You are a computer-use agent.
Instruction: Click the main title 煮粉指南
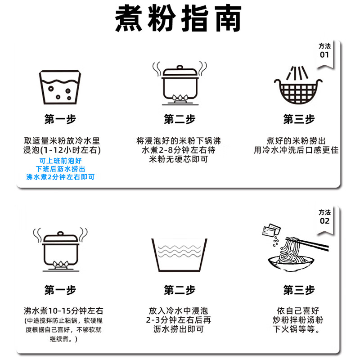pos(179,19)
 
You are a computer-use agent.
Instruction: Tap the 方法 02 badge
pos(324,217)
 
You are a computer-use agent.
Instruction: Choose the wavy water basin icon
pos(179,254)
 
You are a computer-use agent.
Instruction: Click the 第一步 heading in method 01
pos(60,119)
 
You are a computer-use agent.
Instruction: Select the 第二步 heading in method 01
pos(179,119)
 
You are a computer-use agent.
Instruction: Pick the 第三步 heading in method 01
pos(299,119)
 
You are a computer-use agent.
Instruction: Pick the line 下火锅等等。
pos(299,330)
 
